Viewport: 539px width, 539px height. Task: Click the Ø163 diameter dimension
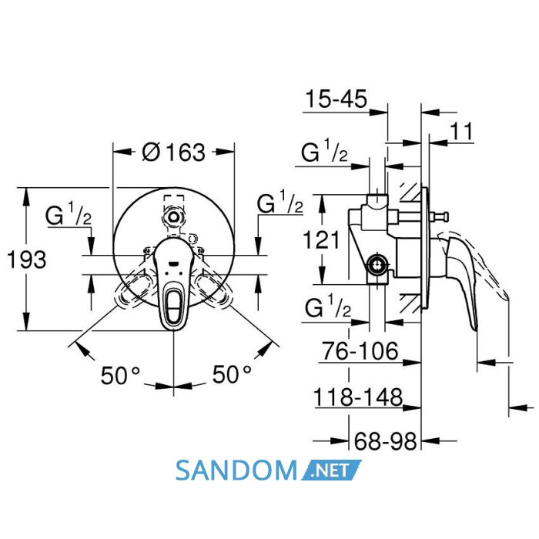[x=173, y=152]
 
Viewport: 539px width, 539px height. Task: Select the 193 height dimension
[x=26, y=260]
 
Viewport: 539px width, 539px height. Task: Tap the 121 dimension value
[x=321, y=239]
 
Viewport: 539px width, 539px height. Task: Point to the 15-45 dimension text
[x=336, y=99]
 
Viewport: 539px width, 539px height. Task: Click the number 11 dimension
[x=462, y=131]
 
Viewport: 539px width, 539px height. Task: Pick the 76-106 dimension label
[x=360, y=351]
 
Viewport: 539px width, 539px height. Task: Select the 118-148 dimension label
[x=358, y=397]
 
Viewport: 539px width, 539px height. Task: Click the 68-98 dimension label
[x=385, y=441]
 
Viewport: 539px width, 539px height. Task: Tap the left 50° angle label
[x=120, y=376]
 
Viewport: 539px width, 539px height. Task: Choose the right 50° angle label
[x=232, y=374]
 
